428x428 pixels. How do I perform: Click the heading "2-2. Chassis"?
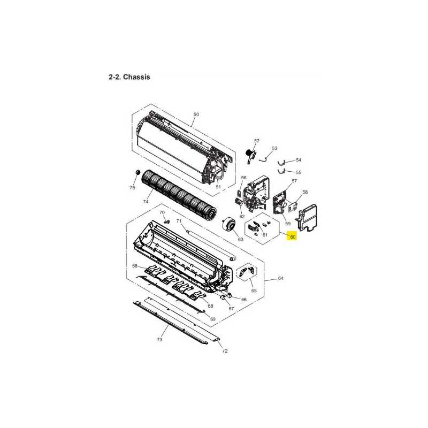point(129,77)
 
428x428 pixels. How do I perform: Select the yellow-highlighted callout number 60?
point(292,238)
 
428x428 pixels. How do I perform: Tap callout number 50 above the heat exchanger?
point(196,114)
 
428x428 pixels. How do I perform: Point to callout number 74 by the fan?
point(145,202)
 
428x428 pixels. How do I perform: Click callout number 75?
point(132,188)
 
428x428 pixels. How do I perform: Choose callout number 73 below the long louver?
point(159,340)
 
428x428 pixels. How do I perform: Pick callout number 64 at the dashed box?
point(281,279)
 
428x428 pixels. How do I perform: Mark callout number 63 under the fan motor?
point(240,239)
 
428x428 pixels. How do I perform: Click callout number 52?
point(256,141)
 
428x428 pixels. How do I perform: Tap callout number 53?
point(274,148)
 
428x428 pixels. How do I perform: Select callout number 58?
point(305,192)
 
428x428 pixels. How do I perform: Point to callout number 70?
point(163,212)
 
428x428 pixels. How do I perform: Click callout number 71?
point(180,221)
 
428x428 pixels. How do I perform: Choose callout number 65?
point(254,291)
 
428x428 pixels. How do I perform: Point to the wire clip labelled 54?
point(284,162)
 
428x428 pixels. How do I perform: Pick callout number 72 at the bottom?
point(225,351)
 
